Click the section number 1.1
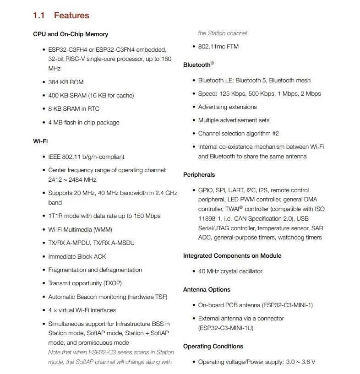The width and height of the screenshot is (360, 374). (38, 16)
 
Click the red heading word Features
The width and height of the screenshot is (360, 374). (71, 16)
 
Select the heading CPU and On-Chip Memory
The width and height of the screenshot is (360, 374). (71, 34)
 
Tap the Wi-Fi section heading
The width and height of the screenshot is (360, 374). (40, 141)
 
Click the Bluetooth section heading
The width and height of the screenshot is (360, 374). (197, 65)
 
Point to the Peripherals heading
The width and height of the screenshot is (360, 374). (199, 175)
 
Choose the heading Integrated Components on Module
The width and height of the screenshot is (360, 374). (232, 256)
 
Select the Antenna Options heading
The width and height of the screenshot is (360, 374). (207, 290)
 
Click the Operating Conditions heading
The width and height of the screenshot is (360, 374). (213, 347)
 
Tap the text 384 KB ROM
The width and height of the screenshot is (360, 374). (66, 82)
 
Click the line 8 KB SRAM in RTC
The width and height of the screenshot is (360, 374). (74, 109)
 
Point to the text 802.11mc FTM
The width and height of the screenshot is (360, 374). (218, 47)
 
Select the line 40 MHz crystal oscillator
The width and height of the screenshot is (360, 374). (230, 271)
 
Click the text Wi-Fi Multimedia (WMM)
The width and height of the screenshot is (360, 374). (80, 229)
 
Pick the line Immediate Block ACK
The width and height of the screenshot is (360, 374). (77, 256)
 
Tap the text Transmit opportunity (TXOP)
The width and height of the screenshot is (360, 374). (85, 283)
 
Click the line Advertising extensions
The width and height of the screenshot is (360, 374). (227, 107)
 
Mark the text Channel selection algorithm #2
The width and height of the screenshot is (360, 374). (238, 134)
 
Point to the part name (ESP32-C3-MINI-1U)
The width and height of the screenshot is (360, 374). (226, 328)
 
